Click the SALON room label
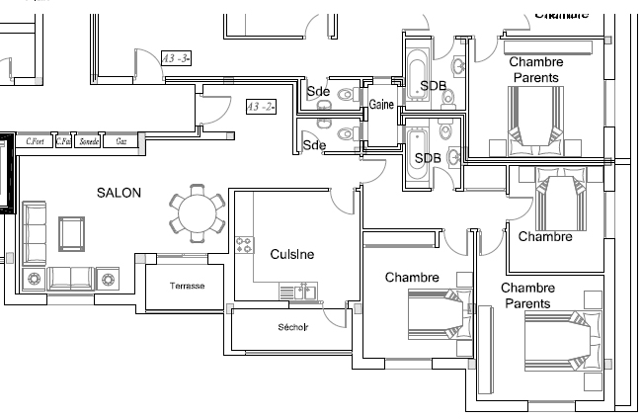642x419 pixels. coord(119,193)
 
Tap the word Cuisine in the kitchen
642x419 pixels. coord(292,254)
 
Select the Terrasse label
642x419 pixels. coord(188,286)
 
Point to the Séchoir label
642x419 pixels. coord(292,328)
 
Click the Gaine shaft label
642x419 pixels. coord(382,105)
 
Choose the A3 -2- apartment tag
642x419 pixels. coord(260,106)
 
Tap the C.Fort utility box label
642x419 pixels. coord(37,141)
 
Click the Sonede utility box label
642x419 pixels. coord(89,141)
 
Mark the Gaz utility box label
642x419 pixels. coord(121,141)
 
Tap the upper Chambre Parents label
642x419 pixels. coord(533,69)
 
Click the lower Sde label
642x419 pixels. coord(314,145)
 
